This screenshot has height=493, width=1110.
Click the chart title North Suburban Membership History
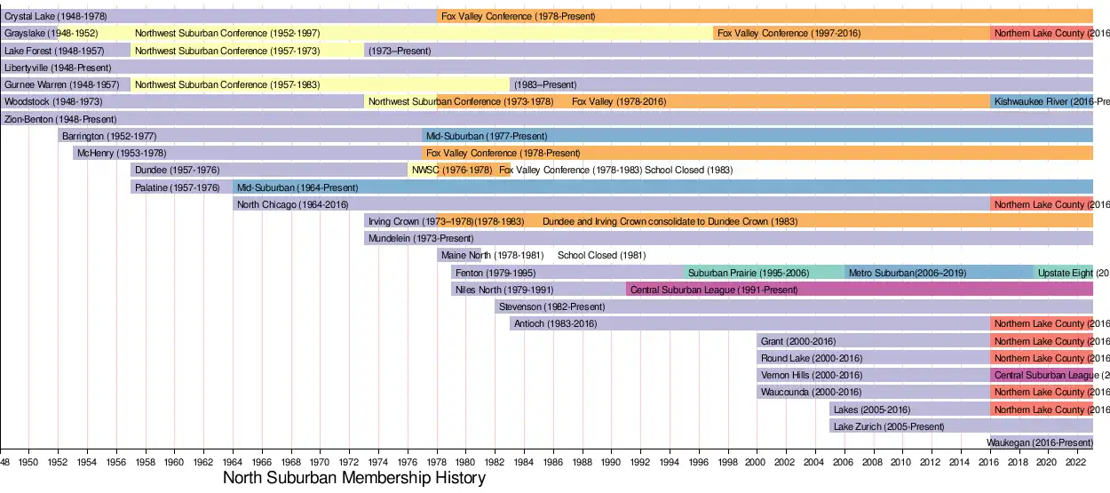(354, 479)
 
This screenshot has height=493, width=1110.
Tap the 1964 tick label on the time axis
(233, 463)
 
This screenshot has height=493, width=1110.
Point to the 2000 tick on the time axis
(757, 463)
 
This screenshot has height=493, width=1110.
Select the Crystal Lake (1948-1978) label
(55, 16)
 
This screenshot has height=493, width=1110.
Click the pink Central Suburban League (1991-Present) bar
(714, 290)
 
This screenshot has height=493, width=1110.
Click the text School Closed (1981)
(601, 256)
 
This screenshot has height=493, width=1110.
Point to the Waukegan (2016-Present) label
(1040, 442)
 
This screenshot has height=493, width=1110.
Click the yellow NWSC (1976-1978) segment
(423, 170)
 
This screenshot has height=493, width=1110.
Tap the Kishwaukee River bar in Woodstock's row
(1042, 101)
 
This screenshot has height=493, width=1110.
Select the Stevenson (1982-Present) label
(551, 307)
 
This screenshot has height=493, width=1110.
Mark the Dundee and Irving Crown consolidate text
(670, 221)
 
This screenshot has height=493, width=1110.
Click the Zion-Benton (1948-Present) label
(60, 119)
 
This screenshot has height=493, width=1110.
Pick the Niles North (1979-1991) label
(503, 290)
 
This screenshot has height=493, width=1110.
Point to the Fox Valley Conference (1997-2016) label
(789, 34)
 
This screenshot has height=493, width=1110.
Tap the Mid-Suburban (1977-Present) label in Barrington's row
(487, 137)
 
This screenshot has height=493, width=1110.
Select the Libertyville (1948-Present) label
(58, 68)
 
